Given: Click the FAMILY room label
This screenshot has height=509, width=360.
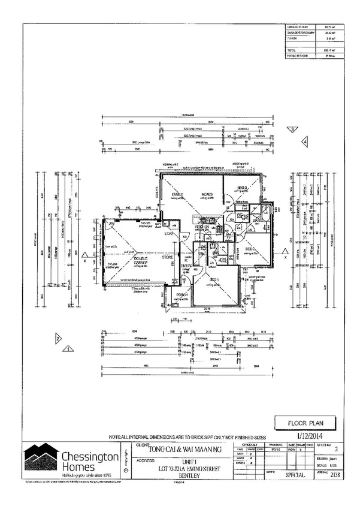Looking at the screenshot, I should pos(177,195).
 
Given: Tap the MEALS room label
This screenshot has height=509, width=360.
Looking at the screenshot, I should pos(207,195).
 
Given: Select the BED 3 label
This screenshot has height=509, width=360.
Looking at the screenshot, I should pos(242,188).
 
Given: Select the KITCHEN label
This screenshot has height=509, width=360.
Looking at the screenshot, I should pos(201,227).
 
